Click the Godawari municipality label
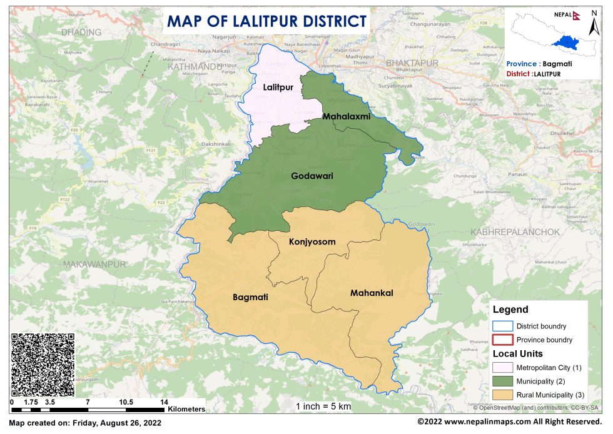[312, 176]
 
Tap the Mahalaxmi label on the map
[347, 116]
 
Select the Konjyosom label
[312, 241]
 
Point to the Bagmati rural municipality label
[250, 297]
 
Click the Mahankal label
[372, 293]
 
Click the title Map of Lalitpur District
[266, 21]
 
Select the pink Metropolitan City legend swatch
[502, 366]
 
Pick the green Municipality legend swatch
[502, 380]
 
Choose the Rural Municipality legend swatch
[502, 395]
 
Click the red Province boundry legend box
[502, 340]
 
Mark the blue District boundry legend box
[502, 326]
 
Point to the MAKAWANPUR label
[94, 265]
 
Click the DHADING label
[82, 32]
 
